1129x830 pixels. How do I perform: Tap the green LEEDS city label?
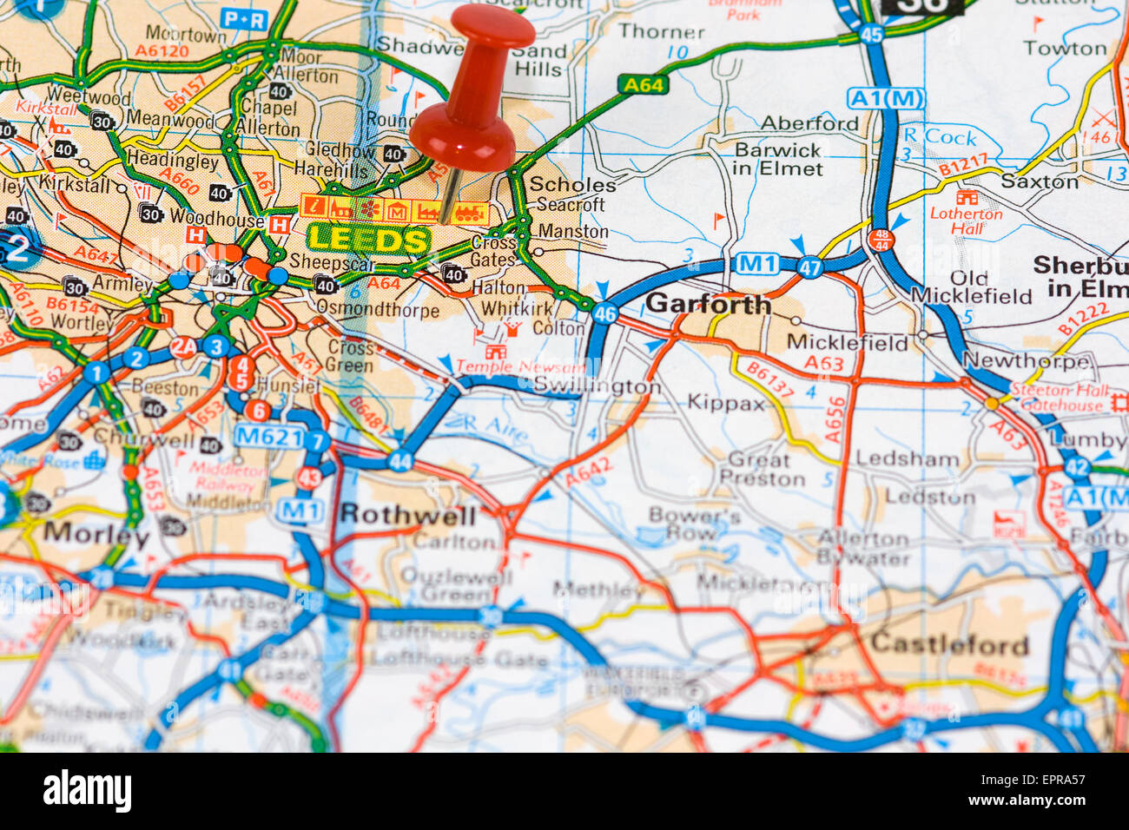[369, 240]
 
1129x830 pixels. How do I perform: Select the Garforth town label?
[709, 304]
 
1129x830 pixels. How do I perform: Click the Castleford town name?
[949, 644]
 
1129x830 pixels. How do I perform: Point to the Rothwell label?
[408, 515]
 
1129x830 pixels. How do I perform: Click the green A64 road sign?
[643, 84]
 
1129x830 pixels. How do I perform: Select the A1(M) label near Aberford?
[886, 99]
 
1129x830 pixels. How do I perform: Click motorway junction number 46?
[605, 313]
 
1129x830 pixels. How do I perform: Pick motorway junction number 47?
[809, 267]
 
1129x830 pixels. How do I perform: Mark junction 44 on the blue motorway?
[400, 461]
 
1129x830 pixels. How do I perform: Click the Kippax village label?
[726, 403]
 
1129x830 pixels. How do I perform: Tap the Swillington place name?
[597, 385]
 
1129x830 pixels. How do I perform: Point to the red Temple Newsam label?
[518, 367]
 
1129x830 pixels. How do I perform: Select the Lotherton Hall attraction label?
[966, 221]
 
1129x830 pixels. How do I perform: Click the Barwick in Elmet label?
[778, 159]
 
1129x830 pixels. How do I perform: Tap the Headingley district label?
[173, 161]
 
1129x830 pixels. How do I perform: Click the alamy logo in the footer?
[87, 791]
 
